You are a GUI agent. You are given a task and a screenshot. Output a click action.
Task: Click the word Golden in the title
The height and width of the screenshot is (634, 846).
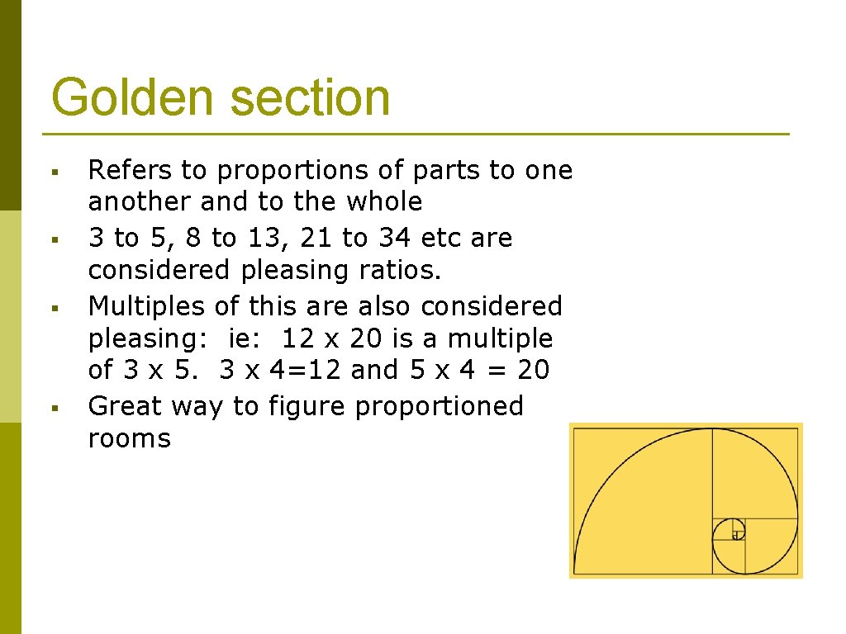pos(132,97)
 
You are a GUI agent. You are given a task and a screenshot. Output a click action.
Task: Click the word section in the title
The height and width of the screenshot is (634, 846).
pos(310,97)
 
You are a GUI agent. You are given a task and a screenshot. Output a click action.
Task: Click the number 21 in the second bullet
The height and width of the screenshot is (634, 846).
pos(317,238)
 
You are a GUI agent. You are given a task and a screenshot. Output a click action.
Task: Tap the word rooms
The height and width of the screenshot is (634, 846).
pos(129,438)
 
